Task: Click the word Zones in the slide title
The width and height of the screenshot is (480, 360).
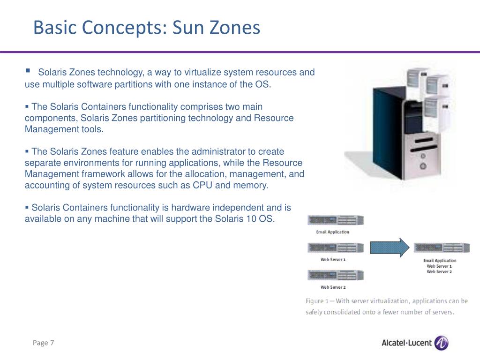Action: pyautogui.click(x=236, y=28)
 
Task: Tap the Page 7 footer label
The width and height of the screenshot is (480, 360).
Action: pyautogui.click(x=44, y=343)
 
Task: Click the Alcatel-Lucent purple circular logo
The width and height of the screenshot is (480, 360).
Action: pyautogui.click(x=441, y=343)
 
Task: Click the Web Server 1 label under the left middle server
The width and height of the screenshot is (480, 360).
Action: pyautogui.click(x=333, y=259)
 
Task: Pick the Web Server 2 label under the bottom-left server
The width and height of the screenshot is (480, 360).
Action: pyautogui.click(x=333, y=287)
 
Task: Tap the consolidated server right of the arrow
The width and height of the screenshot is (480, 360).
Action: pyautogui.click(x=441, y=247)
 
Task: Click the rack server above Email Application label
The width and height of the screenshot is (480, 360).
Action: pyautogui.click(x=335, y=220)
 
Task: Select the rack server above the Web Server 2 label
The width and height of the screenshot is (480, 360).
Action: pyautogui.click(x=335, y=275)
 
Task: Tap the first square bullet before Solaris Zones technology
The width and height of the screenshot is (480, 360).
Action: pyautogui.click(x=28, y=71)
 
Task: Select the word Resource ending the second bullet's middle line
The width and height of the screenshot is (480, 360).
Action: pyautogui.click(x=274, y=118)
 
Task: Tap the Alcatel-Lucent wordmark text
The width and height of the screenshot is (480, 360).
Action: pyautogui.click(x=406, y=343)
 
